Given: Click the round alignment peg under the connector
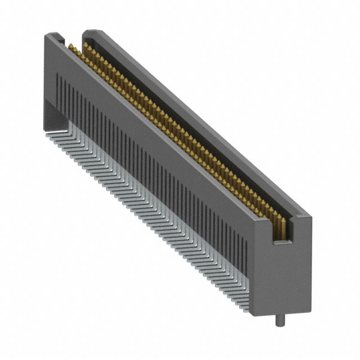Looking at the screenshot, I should pos(279,322).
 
